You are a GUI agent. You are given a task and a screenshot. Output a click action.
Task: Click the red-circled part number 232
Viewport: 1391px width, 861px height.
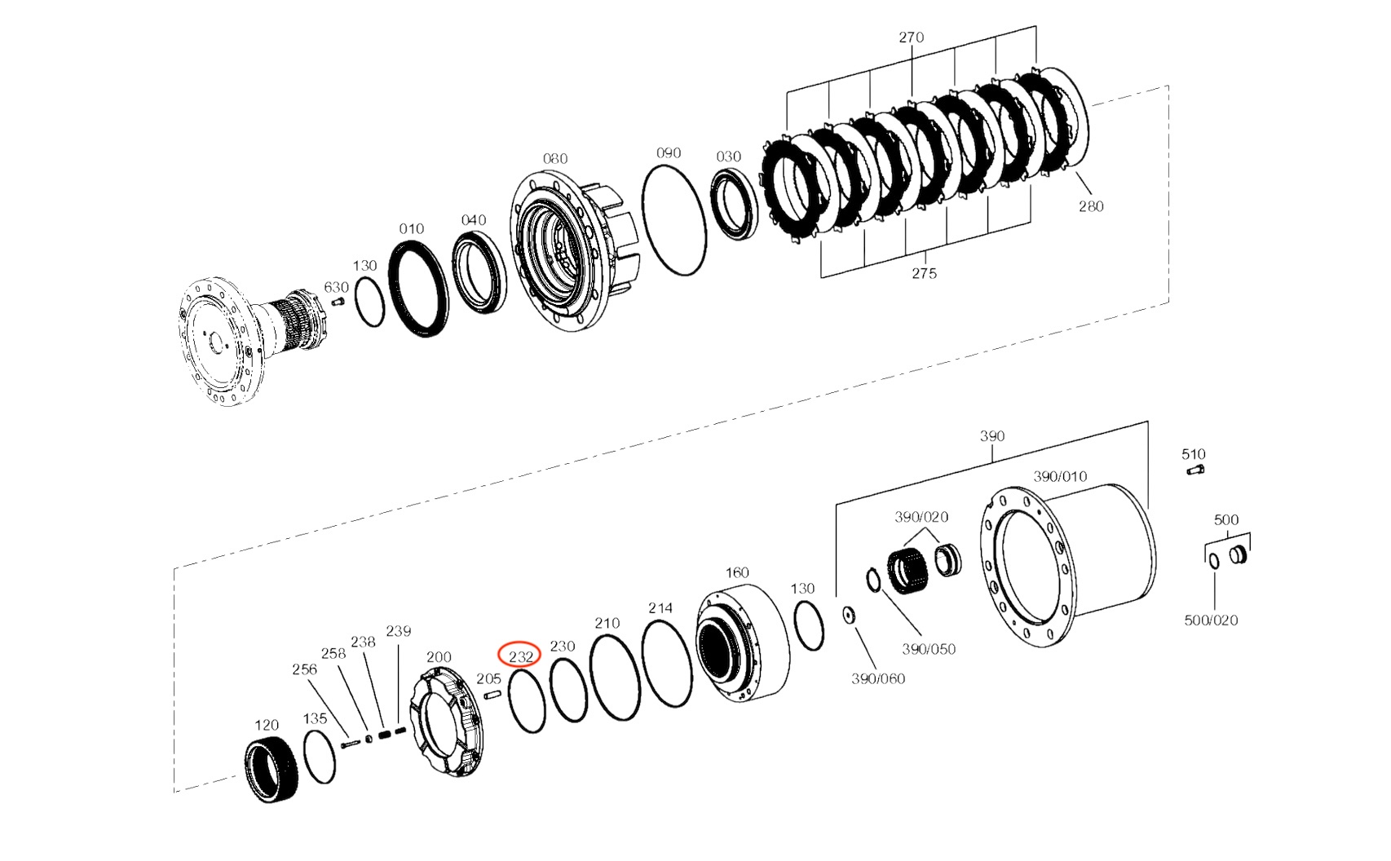[520, 656]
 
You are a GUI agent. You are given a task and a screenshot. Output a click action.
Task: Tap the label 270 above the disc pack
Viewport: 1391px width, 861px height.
[911, 37]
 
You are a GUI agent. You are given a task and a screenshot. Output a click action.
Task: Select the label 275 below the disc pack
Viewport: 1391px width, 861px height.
[924, 273]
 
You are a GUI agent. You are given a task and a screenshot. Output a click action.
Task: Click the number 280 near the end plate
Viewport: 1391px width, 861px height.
[1090, 206]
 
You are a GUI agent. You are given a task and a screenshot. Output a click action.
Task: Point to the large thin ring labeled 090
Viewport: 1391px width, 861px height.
[673, 220]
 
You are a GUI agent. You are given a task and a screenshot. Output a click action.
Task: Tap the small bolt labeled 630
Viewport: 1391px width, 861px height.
[341, 301]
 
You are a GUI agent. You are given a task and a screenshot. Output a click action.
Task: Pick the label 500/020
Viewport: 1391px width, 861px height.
[1211, 620]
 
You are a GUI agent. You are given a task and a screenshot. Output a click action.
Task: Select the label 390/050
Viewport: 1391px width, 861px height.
[928, 649]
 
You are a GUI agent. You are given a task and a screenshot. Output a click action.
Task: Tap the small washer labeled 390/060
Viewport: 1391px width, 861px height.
[849, 615]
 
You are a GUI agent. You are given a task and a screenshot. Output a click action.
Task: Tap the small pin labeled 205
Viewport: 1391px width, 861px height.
[491, 695]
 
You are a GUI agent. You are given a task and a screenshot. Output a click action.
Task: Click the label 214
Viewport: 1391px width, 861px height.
[660, 608]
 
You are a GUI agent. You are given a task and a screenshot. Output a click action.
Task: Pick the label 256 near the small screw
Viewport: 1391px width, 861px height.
[304, 669]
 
